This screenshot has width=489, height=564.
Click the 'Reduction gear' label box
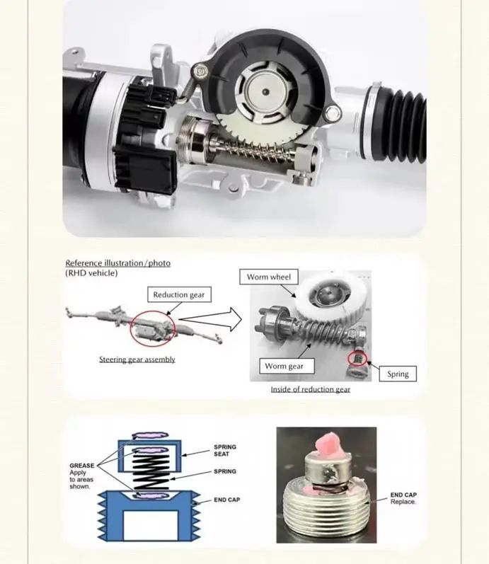[179, 294]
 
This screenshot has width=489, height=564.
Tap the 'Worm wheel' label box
[269, 277]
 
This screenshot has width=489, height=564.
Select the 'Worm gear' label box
[287, 366]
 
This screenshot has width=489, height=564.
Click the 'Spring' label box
[398, 374]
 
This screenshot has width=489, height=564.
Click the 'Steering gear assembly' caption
[137, 359]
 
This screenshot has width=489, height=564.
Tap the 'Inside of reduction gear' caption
[311, 389]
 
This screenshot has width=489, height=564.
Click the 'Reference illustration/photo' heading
[118, 263]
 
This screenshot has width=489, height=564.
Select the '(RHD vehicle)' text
[91, 273]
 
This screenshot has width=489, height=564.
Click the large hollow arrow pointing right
[210, 319]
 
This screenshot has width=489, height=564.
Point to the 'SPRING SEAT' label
[225, 450]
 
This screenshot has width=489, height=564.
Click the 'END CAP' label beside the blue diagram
[226, 500]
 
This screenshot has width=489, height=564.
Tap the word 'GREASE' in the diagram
[81, 466]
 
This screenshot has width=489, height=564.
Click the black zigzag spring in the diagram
[150, 471]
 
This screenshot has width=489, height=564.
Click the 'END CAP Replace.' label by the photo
[403, 498]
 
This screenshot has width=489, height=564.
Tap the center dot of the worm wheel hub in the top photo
[265, 92]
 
